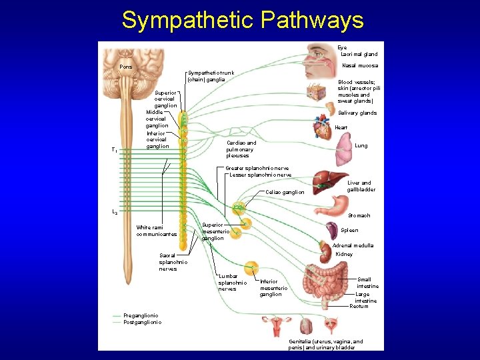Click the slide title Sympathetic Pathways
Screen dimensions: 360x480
tap(243, 20)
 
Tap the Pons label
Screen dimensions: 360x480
tap(125, 67)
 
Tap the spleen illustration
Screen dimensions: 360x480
tap(331, 231)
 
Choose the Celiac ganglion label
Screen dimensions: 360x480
tap(284, 192)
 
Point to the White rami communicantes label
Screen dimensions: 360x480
tap(156, 231)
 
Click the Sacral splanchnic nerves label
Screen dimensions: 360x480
tap(173, 261)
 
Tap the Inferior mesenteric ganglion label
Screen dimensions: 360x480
tap(273, 288)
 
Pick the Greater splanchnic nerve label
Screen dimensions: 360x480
tap(257, 168)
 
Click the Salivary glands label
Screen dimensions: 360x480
tap(357, 113)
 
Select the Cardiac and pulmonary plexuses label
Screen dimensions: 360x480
tap(241, 149)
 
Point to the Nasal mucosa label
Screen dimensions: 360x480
tap(359, 65)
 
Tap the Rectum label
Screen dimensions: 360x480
tap(359, 306)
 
